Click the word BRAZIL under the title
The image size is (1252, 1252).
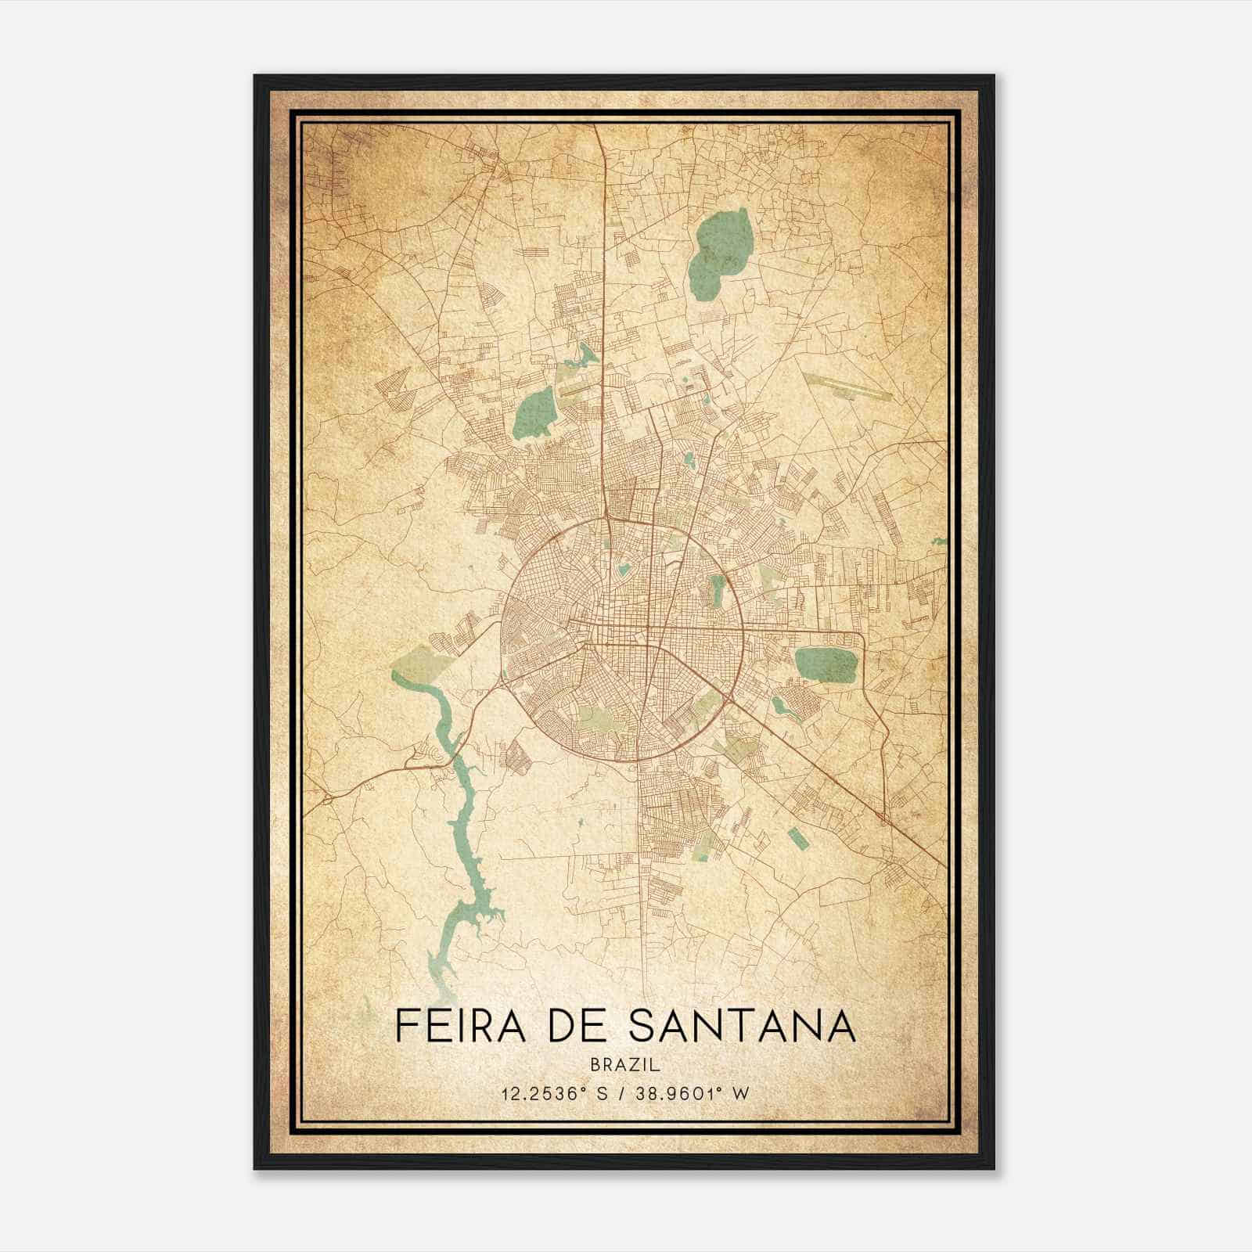click(626, 1065)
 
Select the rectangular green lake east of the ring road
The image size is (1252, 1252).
click(826, 664)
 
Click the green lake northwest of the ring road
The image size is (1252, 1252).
click(535, 413)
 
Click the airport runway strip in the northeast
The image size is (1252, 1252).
click(847, 386)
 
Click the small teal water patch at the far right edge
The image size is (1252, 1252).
click(939, 540)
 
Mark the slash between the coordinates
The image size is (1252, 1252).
click(625, 1094)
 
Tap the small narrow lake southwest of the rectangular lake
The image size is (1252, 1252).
click(786, 709)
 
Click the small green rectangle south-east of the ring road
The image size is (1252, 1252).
click(797, 837)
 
